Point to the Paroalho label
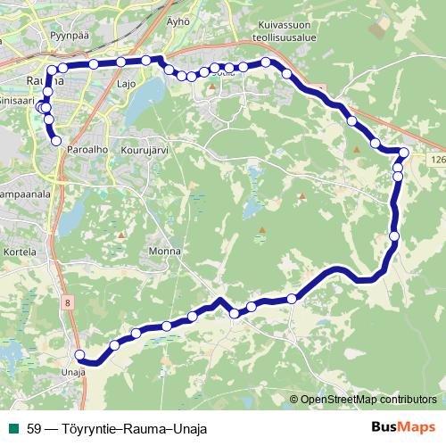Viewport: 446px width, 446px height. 87,151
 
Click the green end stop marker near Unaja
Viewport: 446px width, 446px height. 79,354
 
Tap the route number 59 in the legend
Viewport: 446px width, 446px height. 34,427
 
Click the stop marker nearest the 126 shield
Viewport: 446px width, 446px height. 404,153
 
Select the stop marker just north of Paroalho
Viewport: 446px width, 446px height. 56,141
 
